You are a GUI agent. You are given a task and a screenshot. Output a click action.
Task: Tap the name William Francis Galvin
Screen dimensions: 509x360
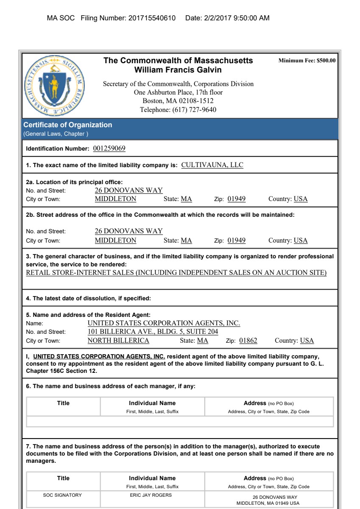(178, 70)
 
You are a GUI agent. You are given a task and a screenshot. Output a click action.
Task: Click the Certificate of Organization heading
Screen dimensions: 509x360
(67, 125)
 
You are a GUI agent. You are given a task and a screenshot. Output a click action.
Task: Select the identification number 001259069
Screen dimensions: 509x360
(109, 148)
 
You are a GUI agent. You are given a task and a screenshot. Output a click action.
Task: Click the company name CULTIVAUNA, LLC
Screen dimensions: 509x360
(212, 165)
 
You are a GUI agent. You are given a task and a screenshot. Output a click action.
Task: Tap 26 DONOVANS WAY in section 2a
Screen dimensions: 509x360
(128, 190)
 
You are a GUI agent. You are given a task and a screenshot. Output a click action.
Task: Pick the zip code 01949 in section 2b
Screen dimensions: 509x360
(236, 241)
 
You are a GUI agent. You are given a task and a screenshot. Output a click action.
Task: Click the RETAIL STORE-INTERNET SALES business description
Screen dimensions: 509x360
(176, 272)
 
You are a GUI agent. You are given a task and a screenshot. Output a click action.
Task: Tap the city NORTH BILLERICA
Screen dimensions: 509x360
(118, 341)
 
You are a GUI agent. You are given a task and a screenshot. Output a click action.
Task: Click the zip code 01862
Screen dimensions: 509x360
(248, 341)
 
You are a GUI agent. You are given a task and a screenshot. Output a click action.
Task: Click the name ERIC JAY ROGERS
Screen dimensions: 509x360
(152, 495)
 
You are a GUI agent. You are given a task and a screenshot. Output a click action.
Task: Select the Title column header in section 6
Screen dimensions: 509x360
(63, 403)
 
